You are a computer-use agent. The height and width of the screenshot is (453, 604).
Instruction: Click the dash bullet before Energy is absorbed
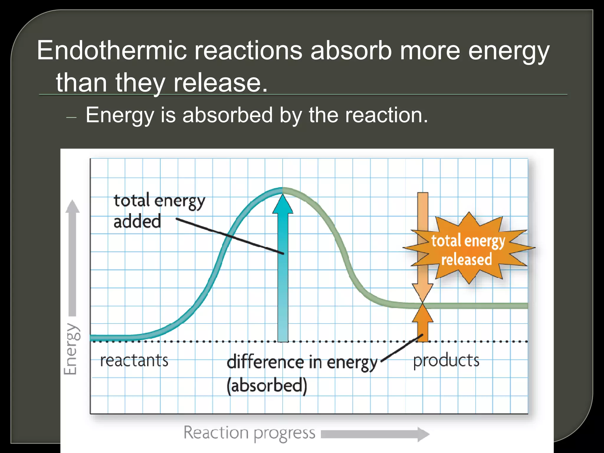tap(71, 117)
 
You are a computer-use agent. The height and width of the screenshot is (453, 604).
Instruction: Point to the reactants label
tap(134, 360)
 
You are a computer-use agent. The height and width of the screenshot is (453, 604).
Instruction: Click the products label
tap(446, 360)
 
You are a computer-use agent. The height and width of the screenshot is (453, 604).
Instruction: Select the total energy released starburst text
tap(468, 250)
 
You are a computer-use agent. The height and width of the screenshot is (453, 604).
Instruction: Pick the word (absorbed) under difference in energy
tap(267, 385)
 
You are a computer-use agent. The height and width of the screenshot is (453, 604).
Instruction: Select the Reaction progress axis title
tap(249, 433)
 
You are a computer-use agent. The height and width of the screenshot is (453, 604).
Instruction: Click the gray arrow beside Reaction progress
tap(375, 434)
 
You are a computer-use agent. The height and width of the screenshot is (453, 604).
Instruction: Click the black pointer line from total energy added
tap(230, 236)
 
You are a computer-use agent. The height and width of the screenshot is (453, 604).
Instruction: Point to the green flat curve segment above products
tap(478, 306)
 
